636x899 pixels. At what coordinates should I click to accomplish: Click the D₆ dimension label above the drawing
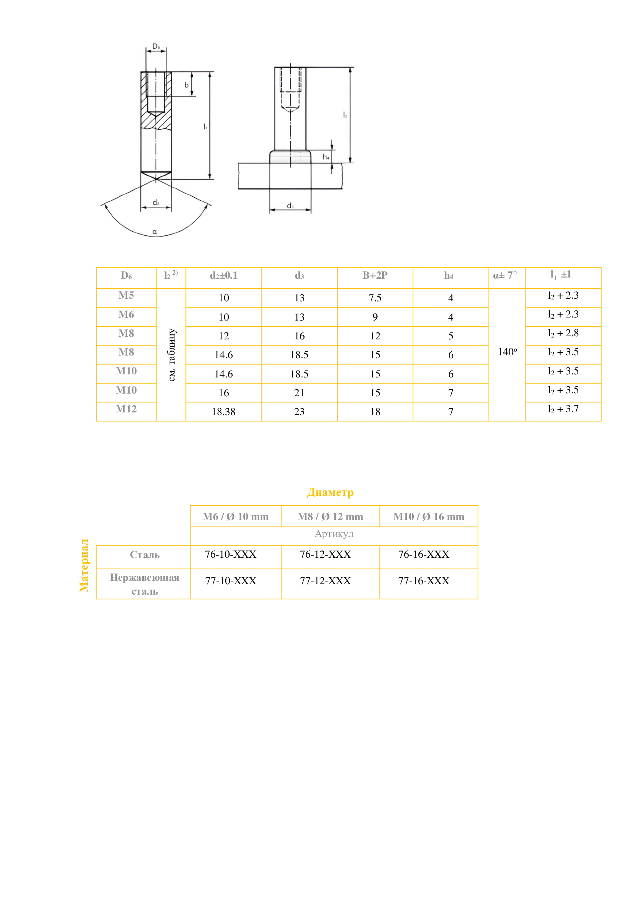coord(156,47)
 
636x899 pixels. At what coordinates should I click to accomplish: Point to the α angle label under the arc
coord(155,232)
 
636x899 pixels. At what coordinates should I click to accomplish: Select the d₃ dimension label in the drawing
coord(290,206)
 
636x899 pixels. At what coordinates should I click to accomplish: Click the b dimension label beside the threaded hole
coord(186,85)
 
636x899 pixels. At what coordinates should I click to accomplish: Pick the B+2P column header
coord(375,275)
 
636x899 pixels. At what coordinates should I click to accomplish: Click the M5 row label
coord(126,295)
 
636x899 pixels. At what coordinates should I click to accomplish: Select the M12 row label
coord(126,409)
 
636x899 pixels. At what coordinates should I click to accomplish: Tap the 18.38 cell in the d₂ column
coord(224,412)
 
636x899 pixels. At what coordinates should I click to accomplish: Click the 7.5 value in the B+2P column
coord(375,298)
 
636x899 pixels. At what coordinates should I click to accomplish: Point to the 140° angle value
coord(507,352)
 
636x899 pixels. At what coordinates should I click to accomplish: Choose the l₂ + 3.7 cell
coord(563,409)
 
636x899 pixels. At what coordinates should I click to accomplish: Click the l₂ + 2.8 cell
coord(563,333)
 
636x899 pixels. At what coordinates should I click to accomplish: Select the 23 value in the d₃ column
coord(299,412)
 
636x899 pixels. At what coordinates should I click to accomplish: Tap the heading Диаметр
coord(330,492)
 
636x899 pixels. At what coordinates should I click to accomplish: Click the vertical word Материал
coord(84,565)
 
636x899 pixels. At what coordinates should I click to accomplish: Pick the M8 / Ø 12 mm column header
coord(330,517)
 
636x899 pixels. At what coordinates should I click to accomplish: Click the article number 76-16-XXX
coord(423,555)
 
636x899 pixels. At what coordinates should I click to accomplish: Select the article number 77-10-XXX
coord(231,581)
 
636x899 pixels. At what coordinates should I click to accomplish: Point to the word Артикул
coord(334,534)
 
